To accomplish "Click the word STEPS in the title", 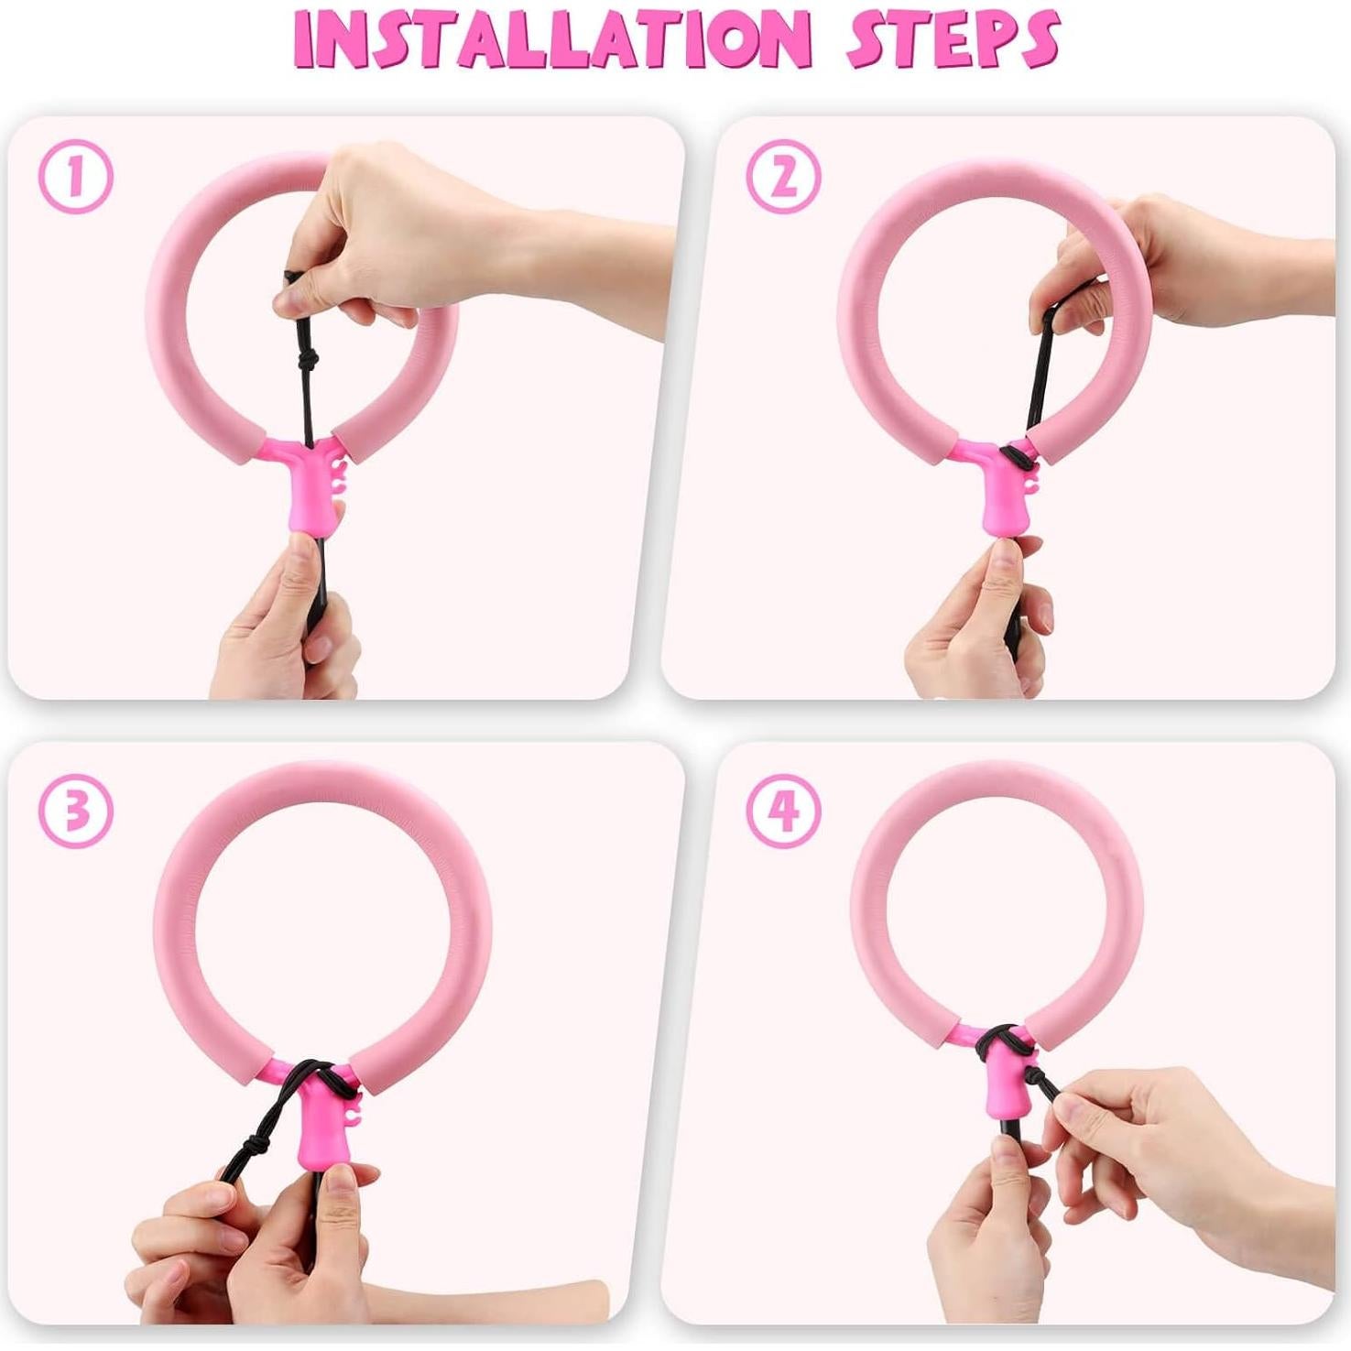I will (953, 40).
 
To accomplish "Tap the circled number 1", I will (76, 177).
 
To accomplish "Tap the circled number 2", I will (783, 177).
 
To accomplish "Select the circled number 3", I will (76, 811).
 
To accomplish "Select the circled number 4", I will (783, 811).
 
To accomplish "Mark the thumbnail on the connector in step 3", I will (341, 1191).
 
